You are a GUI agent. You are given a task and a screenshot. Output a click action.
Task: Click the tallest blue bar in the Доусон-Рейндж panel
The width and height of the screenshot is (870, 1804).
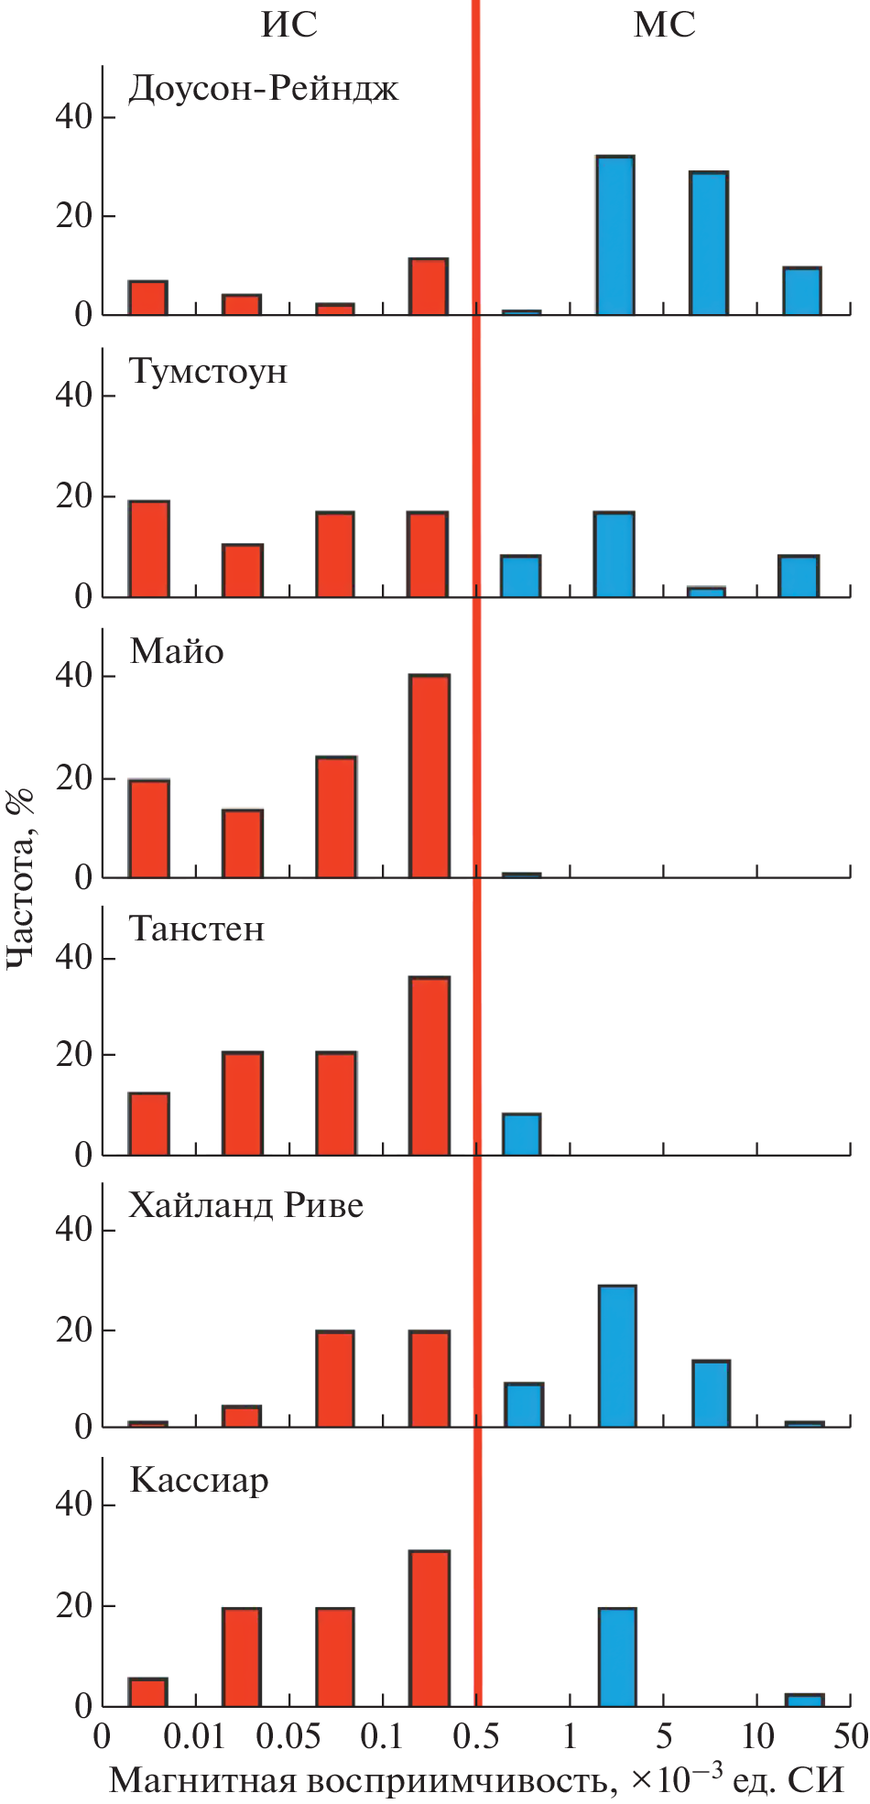[x=615, y=236]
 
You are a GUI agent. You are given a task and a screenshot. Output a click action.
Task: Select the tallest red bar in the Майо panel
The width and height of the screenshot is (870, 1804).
[x=430, y=777]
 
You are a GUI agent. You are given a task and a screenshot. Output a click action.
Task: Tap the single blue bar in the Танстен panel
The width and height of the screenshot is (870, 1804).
[x=522, y=1134]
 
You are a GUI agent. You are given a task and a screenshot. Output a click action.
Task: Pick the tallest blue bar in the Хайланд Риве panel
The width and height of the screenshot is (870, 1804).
[x=617, y=1356]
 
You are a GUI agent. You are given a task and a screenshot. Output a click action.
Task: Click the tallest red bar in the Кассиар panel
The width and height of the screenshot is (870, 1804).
[x=430, y=1629]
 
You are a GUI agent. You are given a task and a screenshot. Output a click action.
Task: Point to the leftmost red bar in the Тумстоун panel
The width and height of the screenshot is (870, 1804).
[x=149, y=549]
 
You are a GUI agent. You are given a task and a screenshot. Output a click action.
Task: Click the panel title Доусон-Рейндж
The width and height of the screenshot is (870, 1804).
[x=264, y=90]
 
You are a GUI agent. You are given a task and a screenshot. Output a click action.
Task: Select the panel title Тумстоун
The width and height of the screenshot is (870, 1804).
[x=209, y=372]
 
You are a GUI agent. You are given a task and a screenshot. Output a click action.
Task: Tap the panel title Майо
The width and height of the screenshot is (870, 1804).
[x=177, y=652]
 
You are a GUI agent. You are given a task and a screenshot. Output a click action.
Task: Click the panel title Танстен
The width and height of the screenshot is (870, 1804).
[x=197, y=929]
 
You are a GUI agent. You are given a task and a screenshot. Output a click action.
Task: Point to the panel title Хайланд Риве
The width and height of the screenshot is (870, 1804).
[x=245, y=1206]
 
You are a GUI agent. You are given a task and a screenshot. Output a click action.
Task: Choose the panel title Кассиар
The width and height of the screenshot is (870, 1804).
[x=199, y=1481]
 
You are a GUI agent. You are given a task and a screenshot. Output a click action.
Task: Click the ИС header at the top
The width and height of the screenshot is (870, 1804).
[x=289, y=24]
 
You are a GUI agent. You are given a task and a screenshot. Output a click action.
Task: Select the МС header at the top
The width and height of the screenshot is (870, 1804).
[x=665, y=24]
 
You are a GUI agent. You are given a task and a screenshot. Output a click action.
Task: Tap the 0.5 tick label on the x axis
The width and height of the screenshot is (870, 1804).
[x=476, y=1736]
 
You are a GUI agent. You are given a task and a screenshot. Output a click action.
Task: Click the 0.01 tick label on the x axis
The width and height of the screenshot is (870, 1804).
[x=196, y=1736]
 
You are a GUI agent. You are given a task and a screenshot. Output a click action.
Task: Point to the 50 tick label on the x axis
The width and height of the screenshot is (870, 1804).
[x=850, y=1736]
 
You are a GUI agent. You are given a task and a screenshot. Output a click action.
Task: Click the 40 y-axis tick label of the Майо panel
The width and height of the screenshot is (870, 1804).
[x=73, y=676]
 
